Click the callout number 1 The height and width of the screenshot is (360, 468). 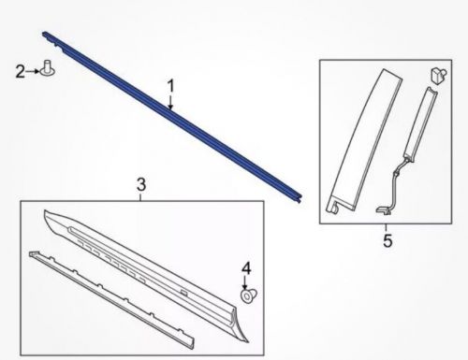click(170, 86)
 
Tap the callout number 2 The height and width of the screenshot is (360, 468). click(21, 71)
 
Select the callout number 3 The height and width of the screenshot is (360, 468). click(141, 184)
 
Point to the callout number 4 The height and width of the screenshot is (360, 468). click(246, 268)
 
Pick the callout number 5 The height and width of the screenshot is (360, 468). click(388, 241)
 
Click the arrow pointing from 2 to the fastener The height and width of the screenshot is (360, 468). click(33, 71)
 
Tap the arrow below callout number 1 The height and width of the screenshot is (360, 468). click(170, 102)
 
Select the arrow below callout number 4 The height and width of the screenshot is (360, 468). click(245, 282)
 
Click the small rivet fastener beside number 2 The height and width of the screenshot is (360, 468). click(48, 68)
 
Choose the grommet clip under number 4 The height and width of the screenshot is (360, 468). click(249, 295)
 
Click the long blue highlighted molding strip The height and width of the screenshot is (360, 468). click(171, 116)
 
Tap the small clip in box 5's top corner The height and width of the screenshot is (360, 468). click(439, 76)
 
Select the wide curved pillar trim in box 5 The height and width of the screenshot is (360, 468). click(365, 140)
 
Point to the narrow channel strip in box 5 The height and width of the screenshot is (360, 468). click(420, 124)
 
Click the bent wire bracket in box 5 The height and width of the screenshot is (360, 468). click(394, 187)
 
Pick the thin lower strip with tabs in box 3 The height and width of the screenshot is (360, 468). click(111, 299)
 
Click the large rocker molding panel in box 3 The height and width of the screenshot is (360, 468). click(147, 274)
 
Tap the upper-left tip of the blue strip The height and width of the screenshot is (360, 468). click(43, 33)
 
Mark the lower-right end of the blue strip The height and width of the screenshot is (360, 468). click(300, 199)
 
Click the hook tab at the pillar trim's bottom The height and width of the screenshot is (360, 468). click(332, 207)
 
